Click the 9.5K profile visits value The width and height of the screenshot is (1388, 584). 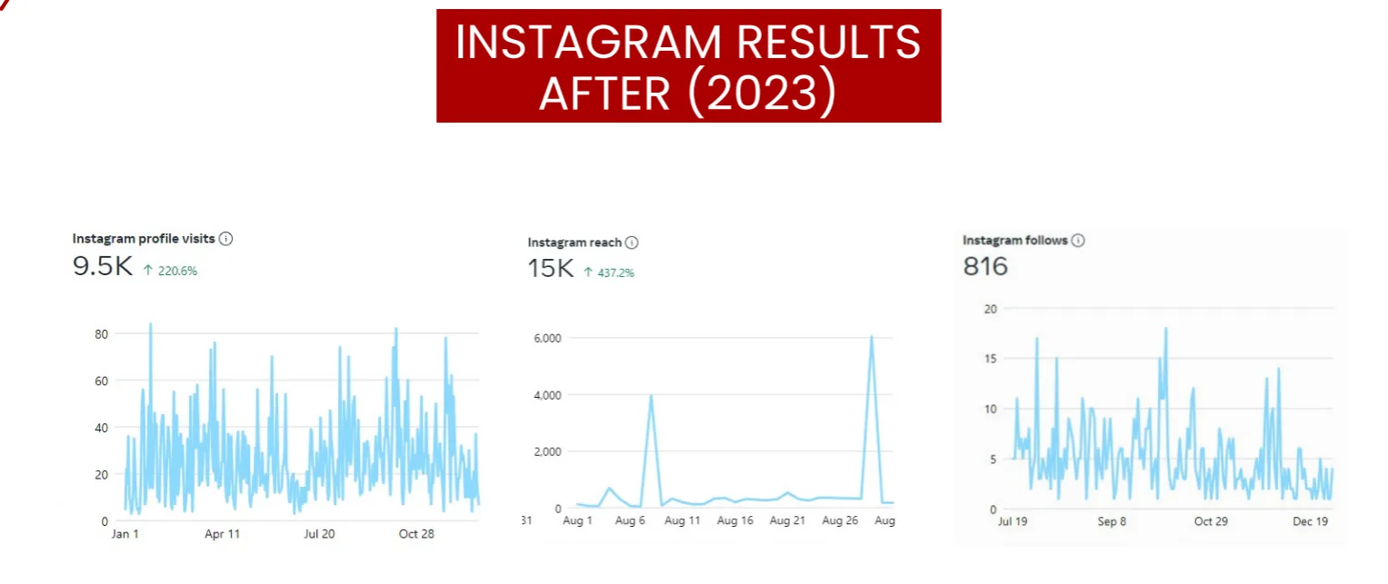pos(103,267)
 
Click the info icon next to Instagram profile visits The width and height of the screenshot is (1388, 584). pos(226,239)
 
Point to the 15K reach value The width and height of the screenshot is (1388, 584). pos(550,269)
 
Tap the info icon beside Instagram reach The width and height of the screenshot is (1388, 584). pos(632,243)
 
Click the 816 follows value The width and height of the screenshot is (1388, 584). pos(985,266)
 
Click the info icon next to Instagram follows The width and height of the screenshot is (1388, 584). pos(1077,241)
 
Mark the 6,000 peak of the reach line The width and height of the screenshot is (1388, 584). pos(871,337)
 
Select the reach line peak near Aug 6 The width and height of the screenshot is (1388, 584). pos(651,396)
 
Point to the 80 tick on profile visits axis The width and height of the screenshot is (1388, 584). pos(102,334)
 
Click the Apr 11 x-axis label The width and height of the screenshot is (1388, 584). pos(222,534)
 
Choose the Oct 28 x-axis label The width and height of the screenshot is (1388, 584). pos(416,534)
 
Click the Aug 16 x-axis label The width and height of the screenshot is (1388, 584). pos(734,521)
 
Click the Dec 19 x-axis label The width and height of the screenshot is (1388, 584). pos(1310,522)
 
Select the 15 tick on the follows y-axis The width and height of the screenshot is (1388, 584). pos(991,359)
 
